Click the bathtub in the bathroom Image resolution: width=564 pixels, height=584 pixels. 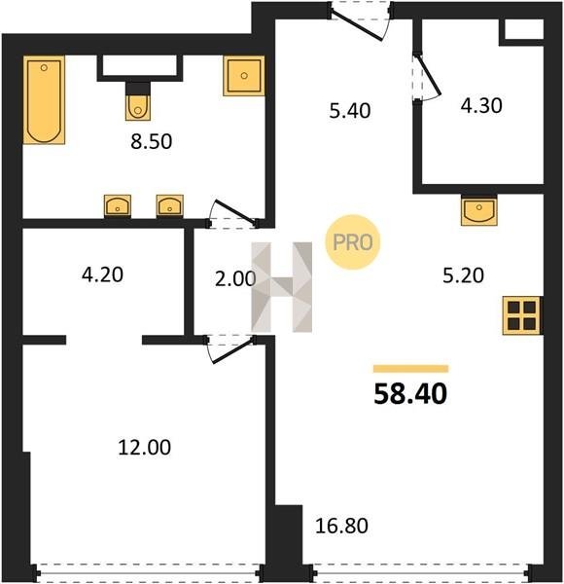coord(44,100)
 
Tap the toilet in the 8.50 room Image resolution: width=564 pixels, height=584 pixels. coord(138,101)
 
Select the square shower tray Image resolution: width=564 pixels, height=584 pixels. coord(244,76)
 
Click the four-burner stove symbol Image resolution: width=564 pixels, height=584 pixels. coord(521,315)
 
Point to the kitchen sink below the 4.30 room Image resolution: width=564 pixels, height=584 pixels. coord(479,210)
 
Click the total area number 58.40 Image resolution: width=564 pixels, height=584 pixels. coord(410,394)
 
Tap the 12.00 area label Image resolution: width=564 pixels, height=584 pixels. coord(145,448)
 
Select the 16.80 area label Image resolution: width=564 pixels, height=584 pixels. coord(341,526)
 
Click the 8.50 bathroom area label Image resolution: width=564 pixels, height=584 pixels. coord(152,141)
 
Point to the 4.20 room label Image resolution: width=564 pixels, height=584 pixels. coord(102,274)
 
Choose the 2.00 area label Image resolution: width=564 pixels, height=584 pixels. coord(235,278)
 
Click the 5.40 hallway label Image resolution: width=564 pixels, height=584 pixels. coord(350,111)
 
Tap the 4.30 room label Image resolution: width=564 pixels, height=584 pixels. coord(481,105)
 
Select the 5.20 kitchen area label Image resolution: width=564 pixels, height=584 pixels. coord(463,275)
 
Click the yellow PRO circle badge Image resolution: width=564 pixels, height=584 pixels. coord(353,242)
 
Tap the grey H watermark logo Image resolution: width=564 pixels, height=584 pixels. coord(282,287)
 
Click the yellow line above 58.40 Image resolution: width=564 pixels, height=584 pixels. coord(410,369)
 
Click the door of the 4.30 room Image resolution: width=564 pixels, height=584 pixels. coord(428,76)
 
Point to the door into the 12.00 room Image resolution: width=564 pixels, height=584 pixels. coord(231,350)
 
